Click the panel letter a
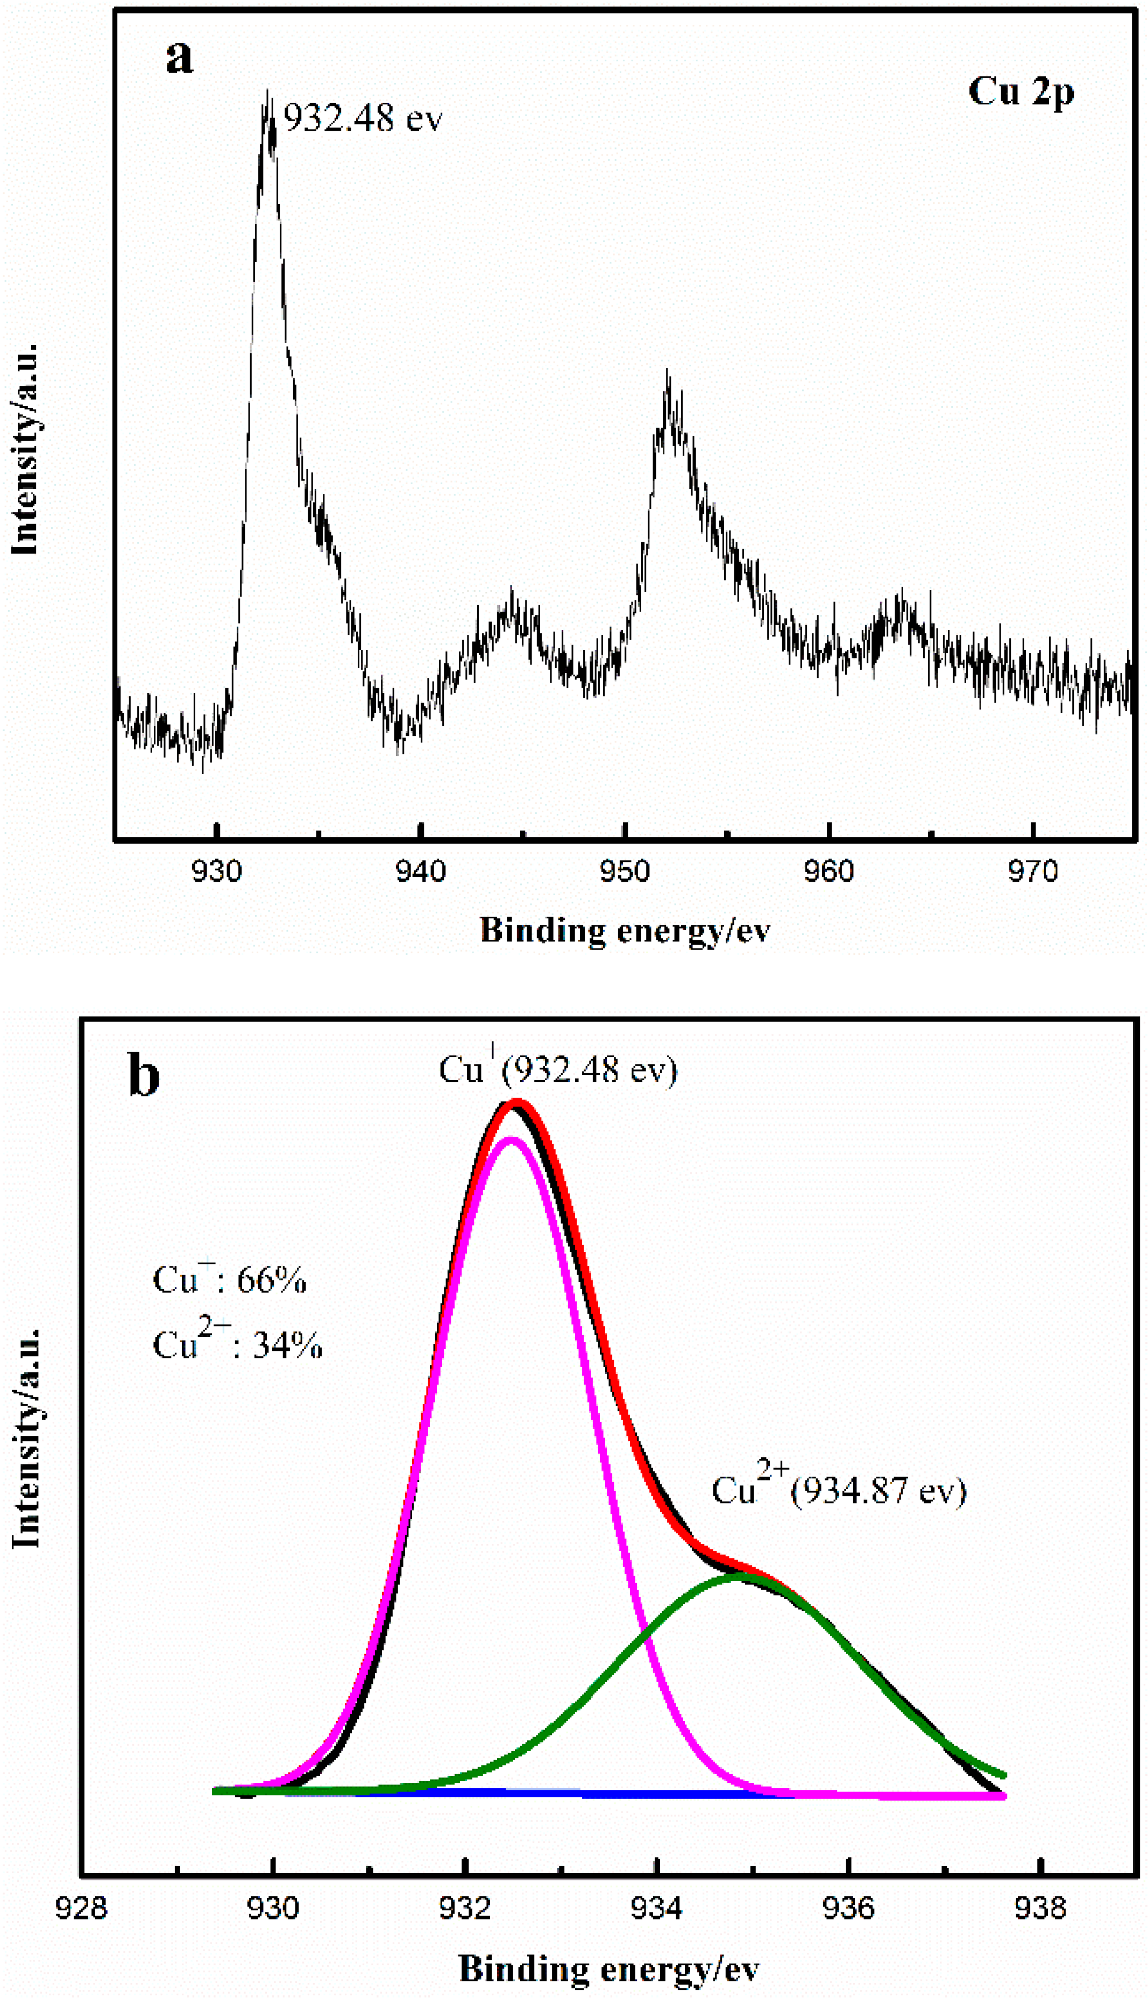point(179,58)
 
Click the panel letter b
point(144,1077)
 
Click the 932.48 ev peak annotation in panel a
point(363,119)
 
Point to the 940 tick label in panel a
point(421,872)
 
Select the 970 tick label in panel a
point(1033,872)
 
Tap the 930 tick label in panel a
point(217,872)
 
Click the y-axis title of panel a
point(25,449)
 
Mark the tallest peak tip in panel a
point(268,93)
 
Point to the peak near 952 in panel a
point(668,374)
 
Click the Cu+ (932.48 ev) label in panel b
point(557,1070)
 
